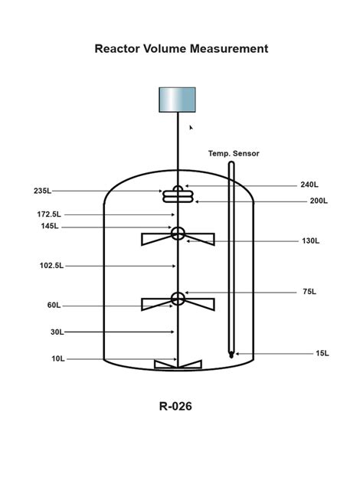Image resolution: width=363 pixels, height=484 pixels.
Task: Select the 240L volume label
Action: click(x=309, y=185)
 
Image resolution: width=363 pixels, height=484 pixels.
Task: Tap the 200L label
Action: click(x=319, y=201)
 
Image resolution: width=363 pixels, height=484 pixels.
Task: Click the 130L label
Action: click(x=311, y=241)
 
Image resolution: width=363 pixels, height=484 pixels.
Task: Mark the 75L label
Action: click(x=309, y=292)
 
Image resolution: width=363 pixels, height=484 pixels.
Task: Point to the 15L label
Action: click(x=322, y=353)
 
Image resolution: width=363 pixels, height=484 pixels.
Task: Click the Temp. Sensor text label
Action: click(x=234, y=153)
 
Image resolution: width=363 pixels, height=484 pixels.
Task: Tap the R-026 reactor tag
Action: click(x=175, y=406)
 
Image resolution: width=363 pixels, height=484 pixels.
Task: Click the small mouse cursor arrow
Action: click(x=191, y=128)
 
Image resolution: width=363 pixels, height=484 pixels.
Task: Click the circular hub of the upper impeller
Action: click(x=178, y=233)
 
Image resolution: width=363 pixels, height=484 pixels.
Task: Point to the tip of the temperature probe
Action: click(x=231, y=355)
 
